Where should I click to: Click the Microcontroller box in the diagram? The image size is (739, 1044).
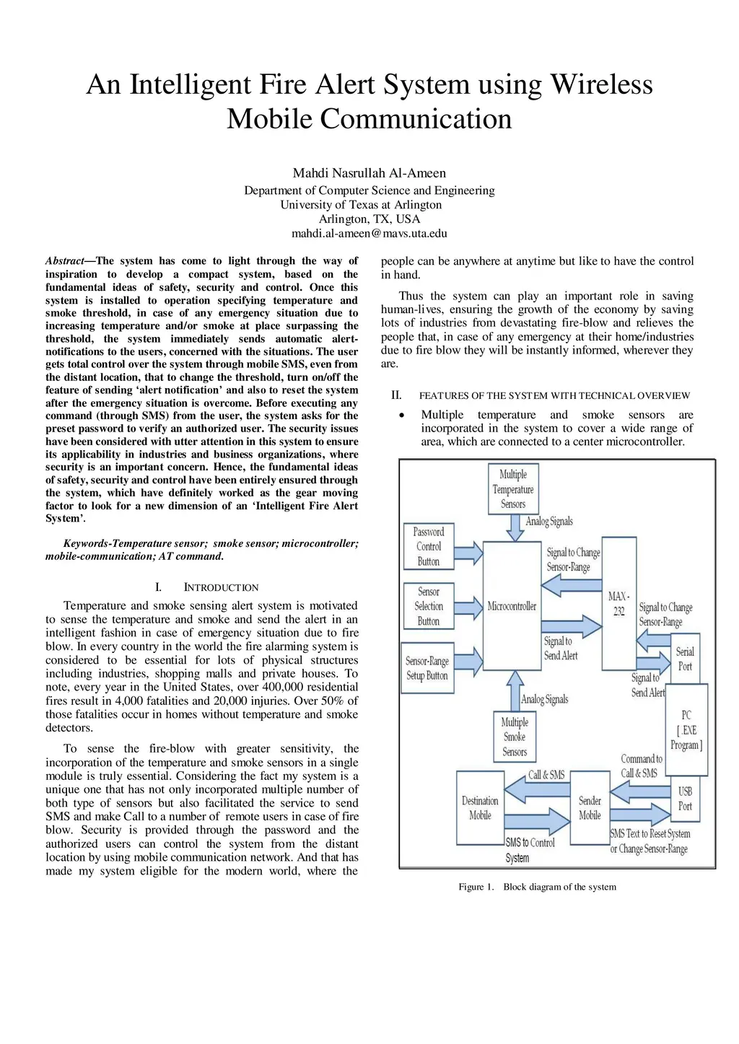(512, 606)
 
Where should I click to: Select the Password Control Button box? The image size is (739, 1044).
(429, 546)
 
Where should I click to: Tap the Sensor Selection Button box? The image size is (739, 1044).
(429, 606)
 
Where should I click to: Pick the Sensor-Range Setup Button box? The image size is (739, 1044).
(428, 668)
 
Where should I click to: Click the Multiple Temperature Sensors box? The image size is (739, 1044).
(513, 489)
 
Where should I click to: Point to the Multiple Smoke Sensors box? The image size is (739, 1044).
(515, 737)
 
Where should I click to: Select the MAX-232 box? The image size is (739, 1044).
(618, 603)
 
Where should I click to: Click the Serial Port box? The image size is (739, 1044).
(684, 659)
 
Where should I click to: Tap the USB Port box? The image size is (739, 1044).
(685, 799)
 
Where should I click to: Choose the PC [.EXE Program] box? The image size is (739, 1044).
(686, 730)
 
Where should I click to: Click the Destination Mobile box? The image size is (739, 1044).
(480, 808)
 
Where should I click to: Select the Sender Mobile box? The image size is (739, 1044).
(590, 808)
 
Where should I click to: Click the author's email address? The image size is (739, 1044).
(369, 233)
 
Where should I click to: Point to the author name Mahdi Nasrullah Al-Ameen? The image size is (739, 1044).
(369, 173)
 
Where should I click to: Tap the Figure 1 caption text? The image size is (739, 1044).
(537, 887)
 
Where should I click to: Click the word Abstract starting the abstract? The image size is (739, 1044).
(65, 261)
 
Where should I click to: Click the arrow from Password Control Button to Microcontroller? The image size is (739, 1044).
(468, 553)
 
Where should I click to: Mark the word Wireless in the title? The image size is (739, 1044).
(601, 84)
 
